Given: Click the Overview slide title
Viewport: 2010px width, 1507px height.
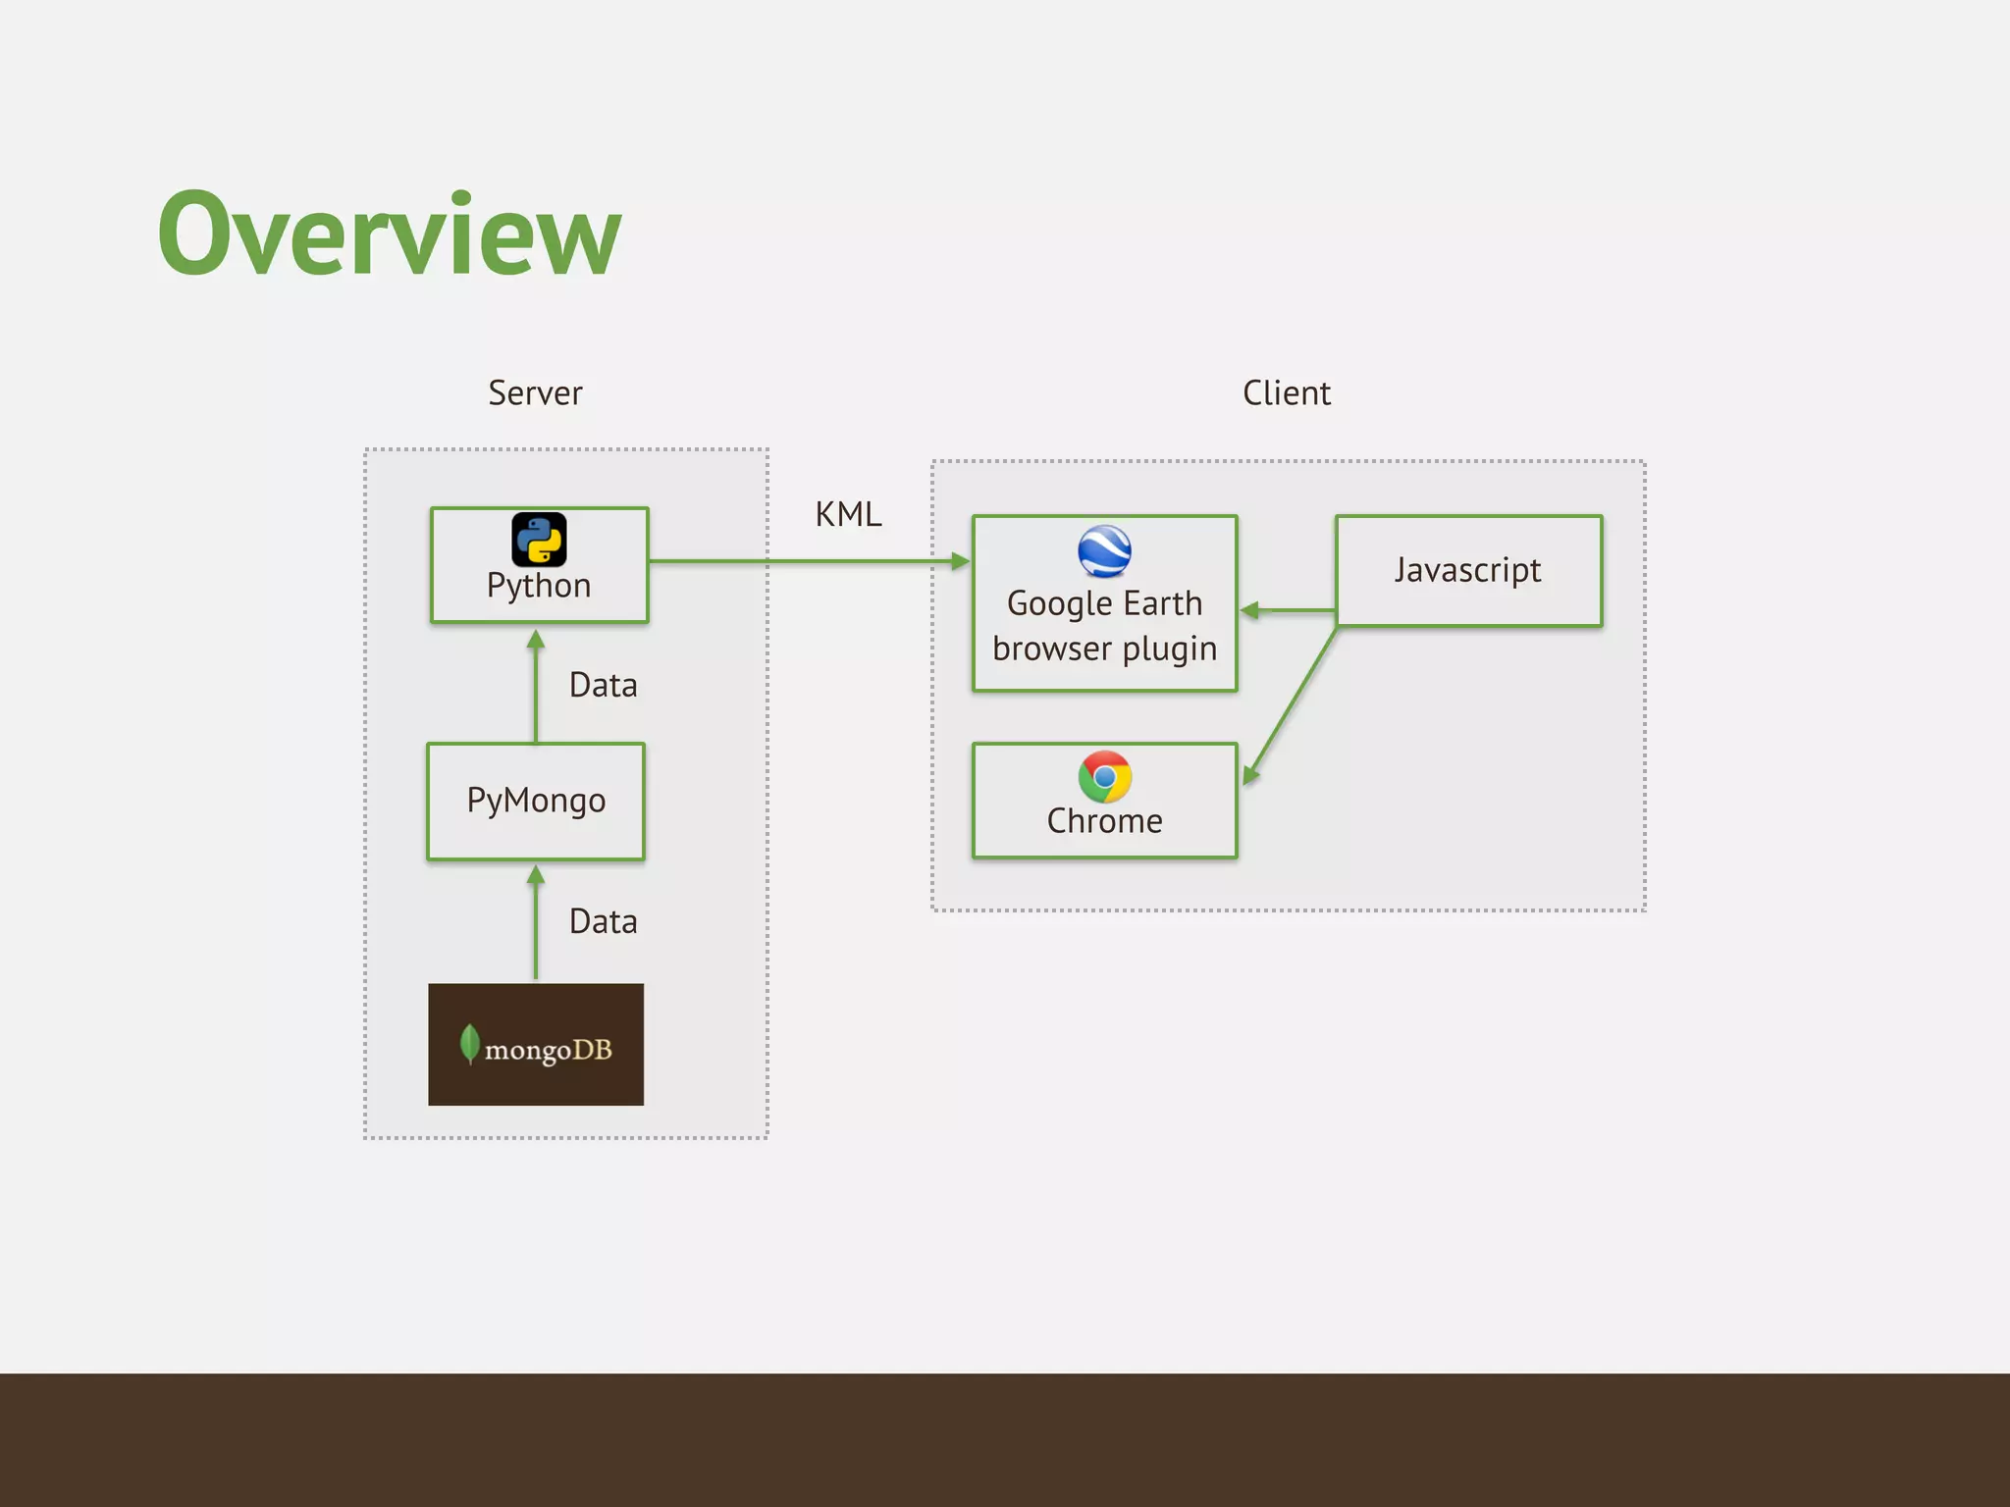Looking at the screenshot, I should click(x=390, y=235).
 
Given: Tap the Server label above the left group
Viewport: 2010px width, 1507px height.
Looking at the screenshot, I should click(x=535, y=393).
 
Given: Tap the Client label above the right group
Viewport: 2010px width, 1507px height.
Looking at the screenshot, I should click(x=1286, y=393).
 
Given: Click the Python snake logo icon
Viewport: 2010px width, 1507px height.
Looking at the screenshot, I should click(x=539, y=540).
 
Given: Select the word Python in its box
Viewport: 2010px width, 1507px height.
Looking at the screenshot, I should click(x=539, y=586).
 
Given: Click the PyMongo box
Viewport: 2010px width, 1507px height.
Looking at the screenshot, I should click(x=536, y=801).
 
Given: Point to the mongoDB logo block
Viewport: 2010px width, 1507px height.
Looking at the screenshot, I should click(x=536, y=1044).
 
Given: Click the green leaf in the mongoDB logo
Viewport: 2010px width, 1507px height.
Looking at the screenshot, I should click(x=470, y=1043).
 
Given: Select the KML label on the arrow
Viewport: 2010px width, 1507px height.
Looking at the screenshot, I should click(x=848, y=514).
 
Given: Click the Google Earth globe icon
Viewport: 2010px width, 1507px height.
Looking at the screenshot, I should click(x=1104, y=551).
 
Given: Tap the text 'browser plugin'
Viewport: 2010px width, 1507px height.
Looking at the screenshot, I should click(x=1104, y=649).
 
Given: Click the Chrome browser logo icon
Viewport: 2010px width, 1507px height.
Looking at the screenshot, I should click(x=1104, y=777).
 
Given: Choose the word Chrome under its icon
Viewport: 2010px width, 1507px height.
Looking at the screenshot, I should click(x=1104, y=821).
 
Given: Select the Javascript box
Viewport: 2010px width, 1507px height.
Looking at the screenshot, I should click(x=1468, y=571).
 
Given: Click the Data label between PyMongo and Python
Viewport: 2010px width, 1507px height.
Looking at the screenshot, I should click(x=603, y=685).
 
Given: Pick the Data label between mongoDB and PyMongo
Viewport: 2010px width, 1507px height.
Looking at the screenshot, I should click(x=603, y=921).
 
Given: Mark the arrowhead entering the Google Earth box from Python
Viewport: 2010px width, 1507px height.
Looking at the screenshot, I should click(x=960, y=561).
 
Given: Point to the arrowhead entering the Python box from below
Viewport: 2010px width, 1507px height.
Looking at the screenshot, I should click(x=536, y=640).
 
